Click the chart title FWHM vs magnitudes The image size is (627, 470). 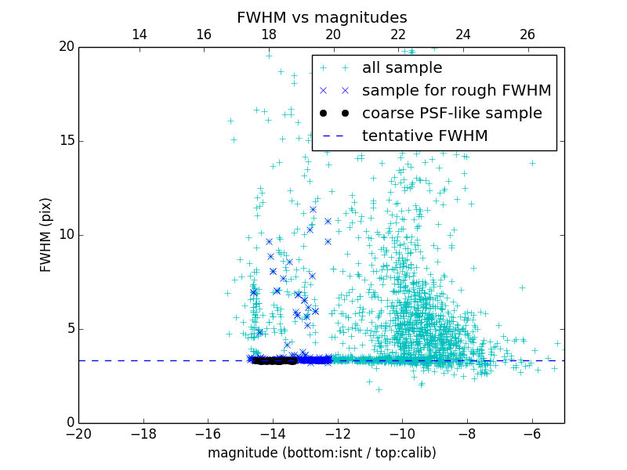point(321,17)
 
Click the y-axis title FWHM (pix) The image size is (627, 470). point(46,235)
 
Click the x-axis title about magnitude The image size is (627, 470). point(321,453)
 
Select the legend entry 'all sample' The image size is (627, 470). point(402,68)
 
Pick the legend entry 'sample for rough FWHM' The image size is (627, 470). point(456,91)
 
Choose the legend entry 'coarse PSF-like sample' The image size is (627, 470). point(451,114)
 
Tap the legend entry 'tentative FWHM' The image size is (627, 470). point(425,136)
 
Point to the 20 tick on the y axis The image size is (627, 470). point(65,47)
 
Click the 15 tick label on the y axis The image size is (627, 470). point(65,141)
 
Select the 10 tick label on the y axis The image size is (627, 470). point(65,235)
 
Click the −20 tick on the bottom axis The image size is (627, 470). point(78,434)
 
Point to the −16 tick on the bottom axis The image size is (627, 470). point(208,434)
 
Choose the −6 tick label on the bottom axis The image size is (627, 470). point(531,434)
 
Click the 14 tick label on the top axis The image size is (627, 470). point(139,34)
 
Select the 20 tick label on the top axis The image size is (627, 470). point(333,34)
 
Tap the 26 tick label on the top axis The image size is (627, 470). point(527,34)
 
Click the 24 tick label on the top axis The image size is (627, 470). point(462,34)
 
